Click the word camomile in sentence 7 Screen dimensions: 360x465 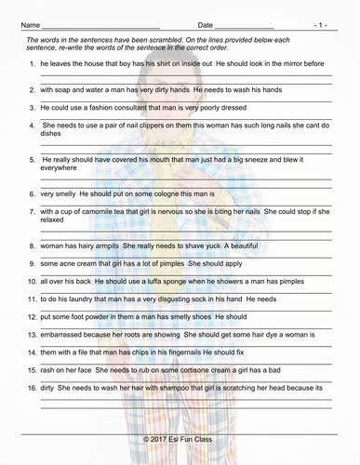click(x=100, y=212)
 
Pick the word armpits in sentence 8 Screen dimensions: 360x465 click(x=102, y=246)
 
